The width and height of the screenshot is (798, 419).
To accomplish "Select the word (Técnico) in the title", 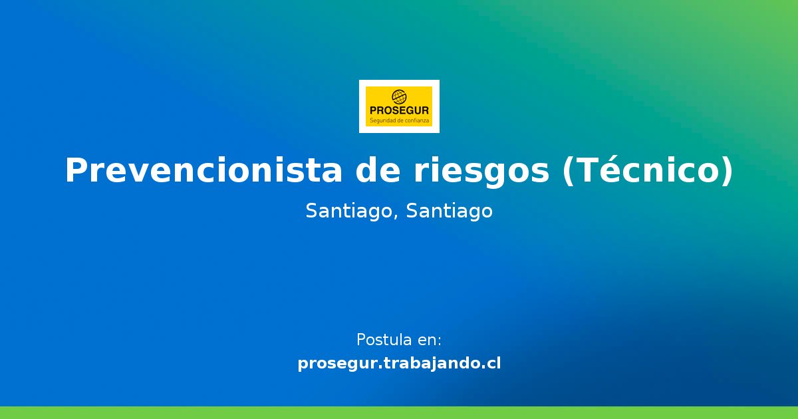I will coord(648,171).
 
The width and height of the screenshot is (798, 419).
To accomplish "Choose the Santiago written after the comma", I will coord(449,211).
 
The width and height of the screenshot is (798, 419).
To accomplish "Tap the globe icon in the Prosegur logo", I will coord(399,97).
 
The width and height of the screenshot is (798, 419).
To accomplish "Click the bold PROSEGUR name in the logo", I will coord(399,111).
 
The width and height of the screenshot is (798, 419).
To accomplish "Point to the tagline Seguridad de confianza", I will coord(399,121).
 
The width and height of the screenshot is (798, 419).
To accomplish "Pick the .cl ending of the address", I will coord(491,364).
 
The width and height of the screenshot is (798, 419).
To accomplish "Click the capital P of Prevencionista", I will coord(75,171).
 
